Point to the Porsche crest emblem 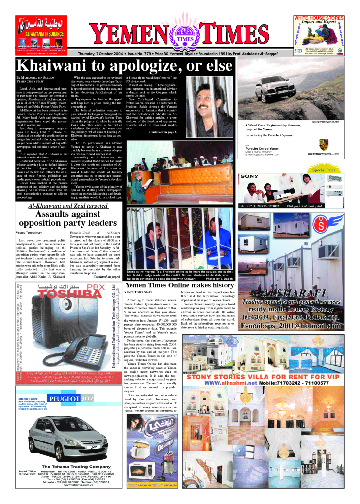323,144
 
